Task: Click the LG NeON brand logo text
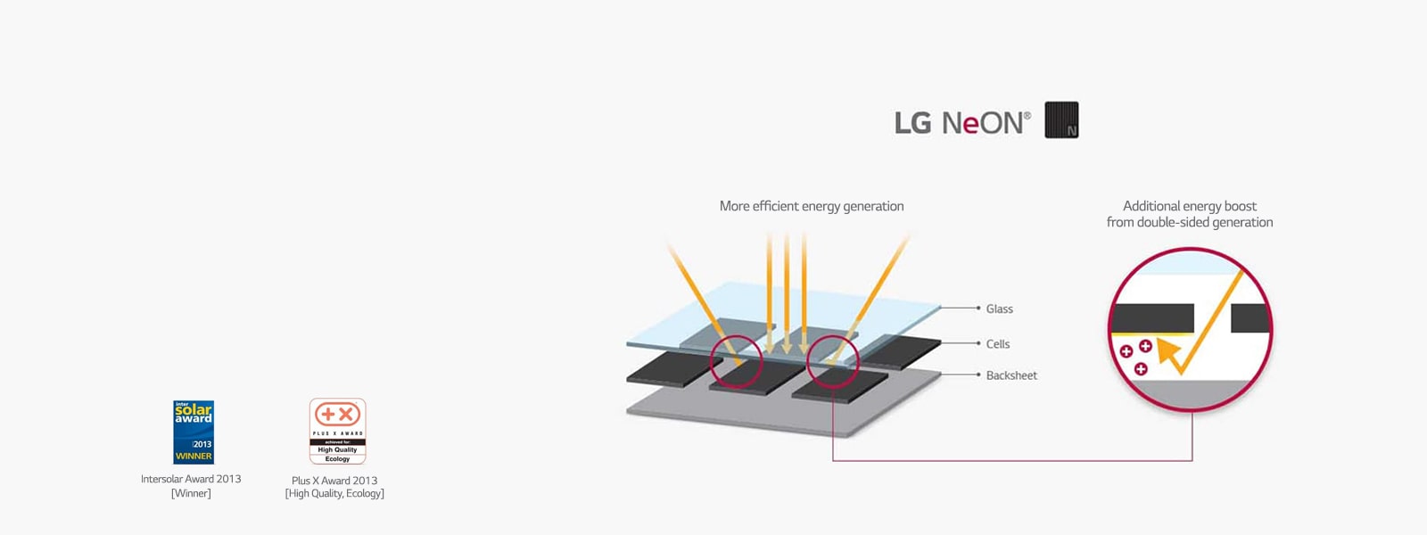(959, 122)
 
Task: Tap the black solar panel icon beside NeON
(1061, 119)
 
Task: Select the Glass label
(999, 309)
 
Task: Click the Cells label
(997, 343)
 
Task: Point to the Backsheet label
(1011, 375)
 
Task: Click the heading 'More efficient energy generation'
(811, 206)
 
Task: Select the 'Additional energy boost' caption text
(1189, 206)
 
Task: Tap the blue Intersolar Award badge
(194, 432)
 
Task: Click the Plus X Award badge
(337, 431)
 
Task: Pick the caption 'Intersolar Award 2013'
(191, 479)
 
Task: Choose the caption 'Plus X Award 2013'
(334, 481)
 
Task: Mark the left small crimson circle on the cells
(737, 361)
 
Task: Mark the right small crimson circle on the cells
(832, 360)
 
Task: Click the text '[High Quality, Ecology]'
(334, 494)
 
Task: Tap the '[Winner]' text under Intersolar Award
(191, 493)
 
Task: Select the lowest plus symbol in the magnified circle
(1141, 368)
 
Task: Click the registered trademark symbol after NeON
(1027, 115)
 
